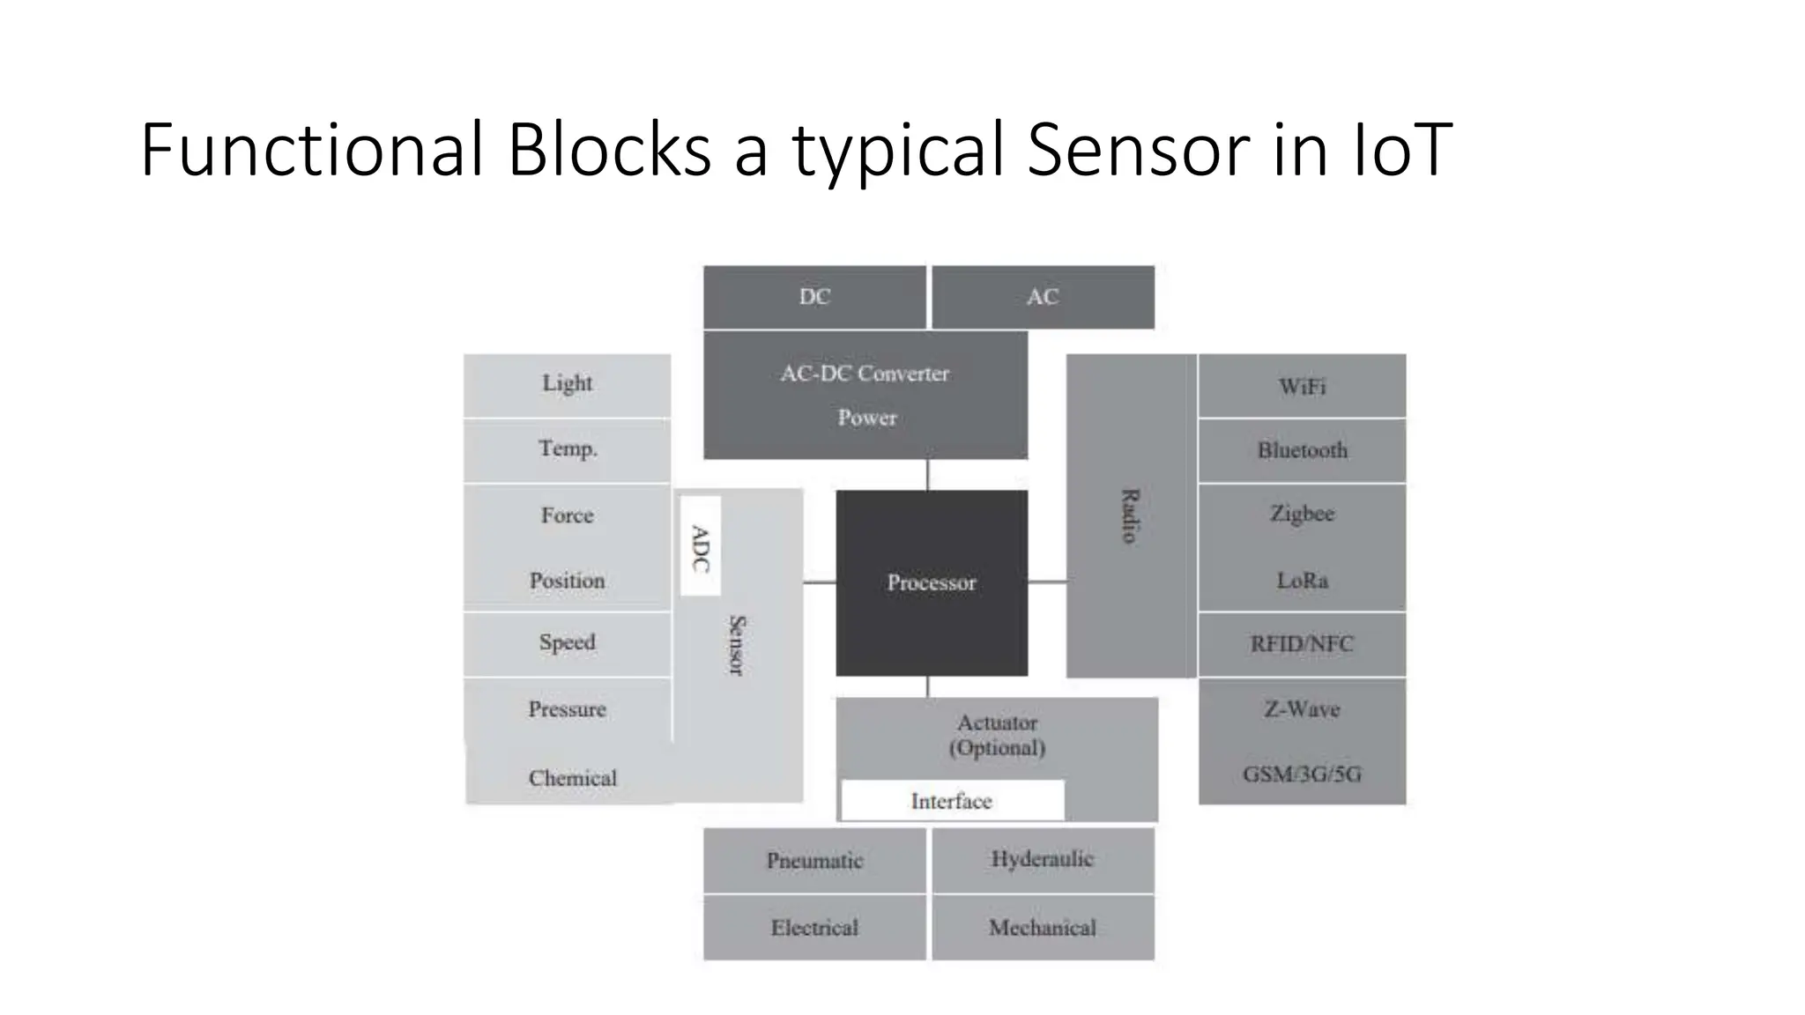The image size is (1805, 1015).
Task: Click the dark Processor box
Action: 932,582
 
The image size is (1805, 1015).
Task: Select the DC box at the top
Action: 814,297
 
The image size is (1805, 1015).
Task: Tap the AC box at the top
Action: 1043,297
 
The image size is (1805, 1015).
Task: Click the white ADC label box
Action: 701,546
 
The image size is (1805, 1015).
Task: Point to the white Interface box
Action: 952,801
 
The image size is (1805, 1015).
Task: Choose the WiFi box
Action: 1302,386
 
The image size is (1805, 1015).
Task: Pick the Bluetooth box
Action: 1302,450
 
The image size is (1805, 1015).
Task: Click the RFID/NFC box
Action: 1302,644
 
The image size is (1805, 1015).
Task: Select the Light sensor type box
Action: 567,384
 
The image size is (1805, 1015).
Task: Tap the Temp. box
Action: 567,449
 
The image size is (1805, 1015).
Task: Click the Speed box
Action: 567,643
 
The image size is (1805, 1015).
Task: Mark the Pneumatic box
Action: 814,860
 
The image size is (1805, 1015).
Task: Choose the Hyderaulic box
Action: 1043,859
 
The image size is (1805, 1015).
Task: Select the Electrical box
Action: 814,928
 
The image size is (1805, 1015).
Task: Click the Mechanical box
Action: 1043,928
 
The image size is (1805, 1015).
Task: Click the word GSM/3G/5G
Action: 1302,774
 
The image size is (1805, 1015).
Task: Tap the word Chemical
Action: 573,778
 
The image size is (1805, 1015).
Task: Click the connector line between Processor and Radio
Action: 1047,582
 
